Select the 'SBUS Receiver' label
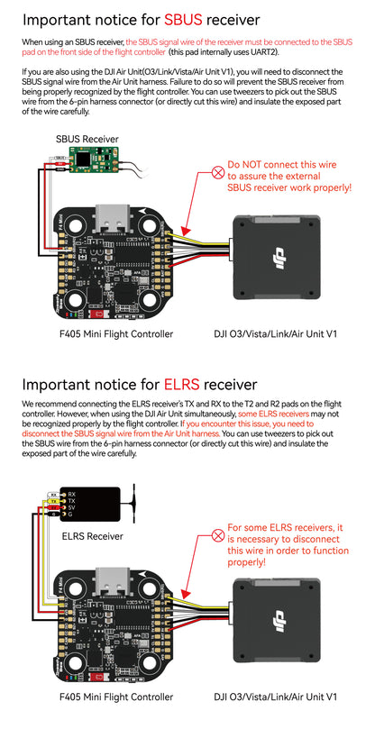pos(87,139)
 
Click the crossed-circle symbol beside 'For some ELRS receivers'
pos(217,533)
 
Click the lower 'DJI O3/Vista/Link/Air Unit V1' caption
pos(276,697)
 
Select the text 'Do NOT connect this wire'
pos(282,166)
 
